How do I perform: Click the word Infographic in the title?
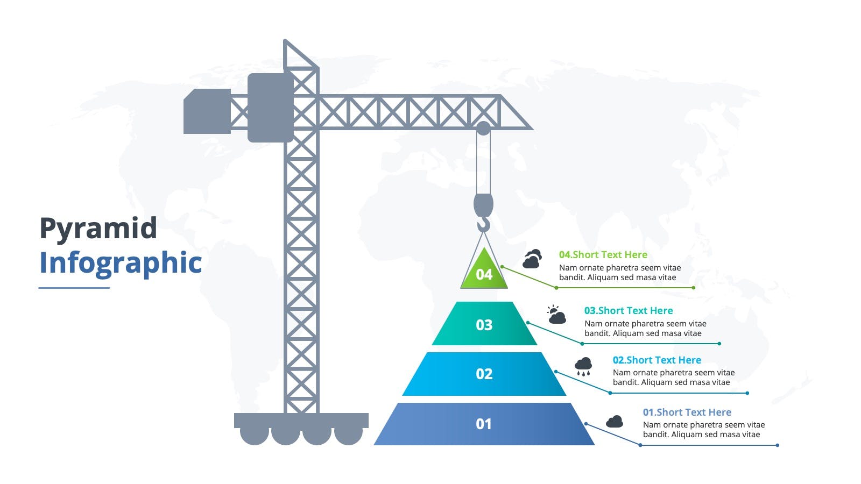tap(121, 264)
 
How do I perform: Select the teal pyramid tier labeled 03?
tap(484, 323)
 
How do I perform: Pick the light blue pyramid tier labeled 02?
tap(484, 374)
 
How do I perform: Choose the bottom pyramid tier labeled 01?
tap(484, 424)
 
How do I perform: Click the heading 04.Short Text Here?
tap(603, 255)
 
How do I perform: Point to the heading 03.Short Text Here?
tap(629, 310)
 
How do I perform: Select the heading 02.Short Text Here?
tap(657, 360)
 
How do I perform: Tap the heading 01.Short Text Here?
tap(687, 412)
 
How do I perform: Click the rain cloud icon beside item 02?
tap(583, 366)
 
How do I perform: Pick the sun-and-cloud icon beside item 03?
tap(556, 315)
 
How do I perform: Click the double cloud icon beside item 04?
tap(532, 259)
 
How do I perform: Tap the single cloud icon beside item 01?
tap(614, 422)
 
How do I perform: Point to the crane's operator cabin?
tap(271, 108)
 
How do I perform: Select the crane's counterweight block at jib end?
tap(207, 111)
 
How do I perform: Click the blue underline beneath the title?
tap(74, 288)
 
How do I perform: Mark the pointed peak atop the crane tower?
tap(285, 40)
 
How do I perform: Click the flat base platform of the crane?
tap(301, 420)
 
